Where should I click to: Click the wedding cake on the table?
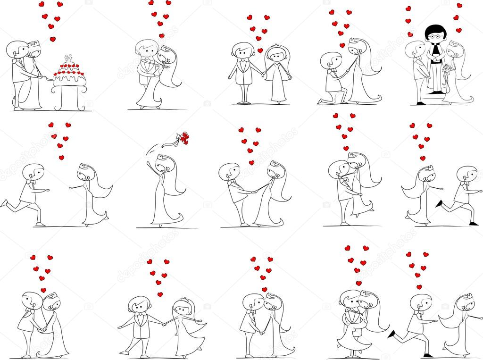(x=70, y=74)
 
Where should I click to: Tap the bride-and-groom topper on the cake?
(x=68, y=58)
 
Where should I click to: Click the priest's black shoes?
(x=434, y=102)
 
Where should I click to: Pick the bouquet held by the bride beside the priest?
(x=447, y=69)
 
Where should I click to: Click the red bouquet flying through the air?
(x=183, y=138)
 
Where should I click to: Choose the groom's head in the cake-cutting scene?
(x=17, y=49)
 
